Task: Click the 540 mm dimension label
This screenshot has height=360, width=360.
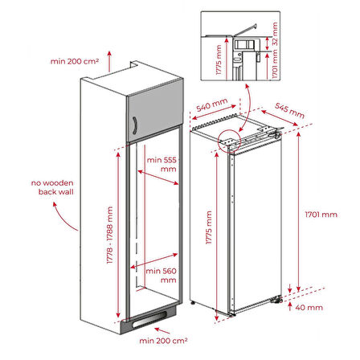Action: [x=212, y=104]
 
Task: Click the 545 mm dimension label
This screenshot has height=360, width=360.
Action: [x=290, y=110]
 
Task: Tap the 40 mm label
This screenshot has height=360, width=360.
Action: [x=309, y=308]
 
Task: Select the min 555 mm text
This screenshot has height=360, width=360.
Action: [x=162, y=165]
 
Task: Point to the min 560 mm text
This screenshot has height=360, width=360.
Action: [x=161, y=276]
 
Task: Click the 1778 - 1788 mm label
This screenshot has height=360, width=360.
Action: [x=110, y=235]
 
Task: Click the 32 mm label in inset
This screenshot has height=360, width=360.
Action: [x=275, y=34]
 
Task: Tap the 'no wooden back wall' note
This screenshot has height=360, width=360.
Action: [x=52, y=187]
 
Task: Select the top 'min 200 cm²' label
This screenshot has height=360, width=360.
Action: [x=75, y=61]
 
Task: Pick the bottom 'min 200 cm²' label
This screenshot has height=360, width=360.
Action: [x=163, y=341]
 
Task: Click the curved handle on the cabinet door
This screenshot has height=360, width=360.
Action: [x=134, y=125]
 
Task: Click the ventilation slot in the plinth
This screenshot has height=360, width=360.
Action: [x=149, y=320]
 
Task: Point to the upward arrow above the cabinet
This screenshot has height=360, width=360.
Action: [x=109, y=62]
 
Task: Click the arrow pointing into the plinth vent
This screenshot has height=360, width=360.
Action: [x=161, y=330]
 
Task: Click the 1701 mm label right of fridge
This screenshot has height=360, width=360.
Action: [x=321, y=215]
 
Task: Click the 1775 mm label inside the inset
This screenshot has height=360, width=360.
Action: [x=219, y=59]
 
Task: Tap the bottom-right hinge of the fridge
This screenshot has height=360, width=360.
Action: [x=276, y=299]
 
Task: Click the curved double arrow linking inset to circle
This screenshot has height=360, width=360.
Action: [x=249, y=107]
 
